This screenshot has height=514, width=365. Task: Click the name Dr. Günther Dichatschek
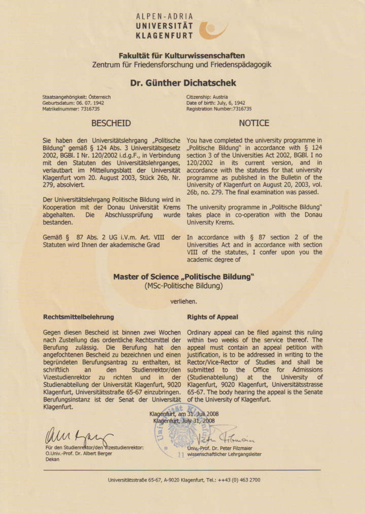183,82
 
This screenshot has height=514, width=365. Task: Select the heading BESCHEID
111,123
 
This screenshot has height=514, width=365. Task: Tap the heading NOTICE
254,123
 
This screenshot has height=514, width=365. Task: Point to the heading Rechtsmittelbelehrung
79,317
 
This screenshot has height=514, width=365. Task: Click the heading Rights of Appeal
212,317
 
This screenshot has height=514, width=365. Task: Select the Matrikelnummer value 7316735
87,109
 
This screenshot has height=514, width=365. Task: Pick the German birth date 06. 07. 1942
89,103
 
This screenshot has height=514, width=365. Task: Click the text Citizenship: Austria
207,97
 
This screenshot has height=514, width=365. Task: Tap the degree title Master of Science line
183,277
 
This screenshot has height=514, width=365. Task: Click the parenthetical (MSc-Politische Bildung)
183,286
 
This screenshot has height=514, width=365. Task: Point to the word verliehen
183,301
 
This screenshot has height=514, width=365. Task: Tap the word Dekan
52,459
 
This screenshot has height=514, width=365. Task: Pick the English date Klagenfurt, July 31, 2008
184,421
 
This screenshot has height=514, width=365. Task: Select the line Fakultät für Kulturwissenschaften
182,55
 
